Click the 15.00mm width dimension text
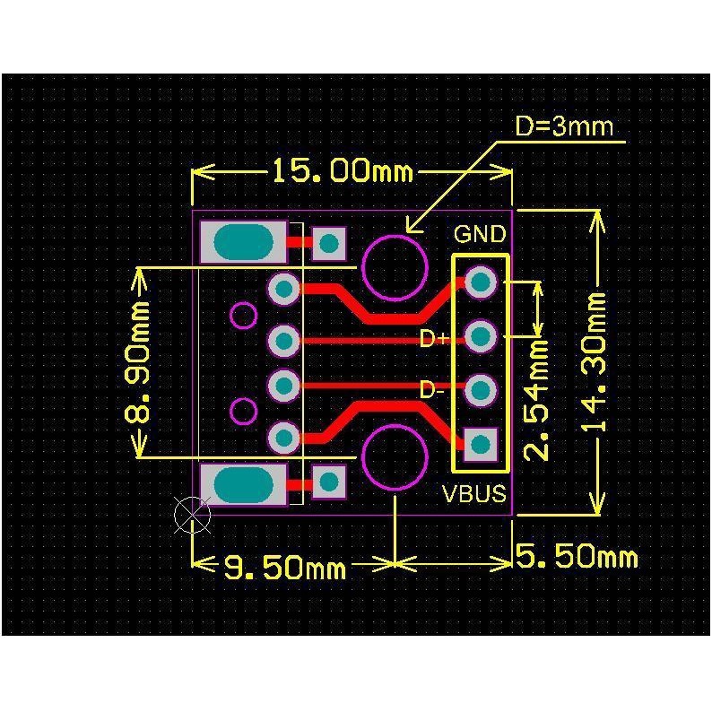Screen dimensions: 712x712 [x=343, y=171]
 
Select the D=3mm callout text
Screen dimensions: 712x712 [x=564, y=126]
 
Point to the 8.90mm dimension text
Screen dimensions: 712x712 [x=136, y=362]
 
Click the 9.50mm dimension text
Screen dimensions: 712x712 [x=284, y=568]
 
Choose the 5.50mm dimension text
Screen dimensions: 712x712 [x=577, y=556]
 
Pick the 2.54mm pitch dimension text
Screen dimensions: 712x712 [x=536, y=400]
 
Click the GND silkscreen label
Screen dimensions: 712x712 [x=480, y=234]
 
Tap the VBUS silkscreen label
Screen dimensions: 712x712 [x=474, y=493]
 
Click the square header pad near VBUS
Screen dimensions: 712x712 [x=481, y=444]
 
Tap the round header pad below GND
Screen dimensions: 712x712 [x=481, y=282]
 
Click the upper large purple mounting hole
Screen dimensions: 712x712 [x=395, y=267]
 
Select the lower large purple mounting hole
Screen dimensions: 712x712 [x=395, y=457]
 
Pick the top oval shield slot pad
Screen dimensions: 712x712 [x=244, y=242]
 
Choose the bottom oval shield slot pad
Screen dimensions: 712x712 [x=244, y=484]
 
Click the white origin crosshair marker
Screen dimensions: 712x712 [x=193, y=515]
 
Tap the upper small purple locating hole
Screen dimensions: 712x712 [x=244, y=315]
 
